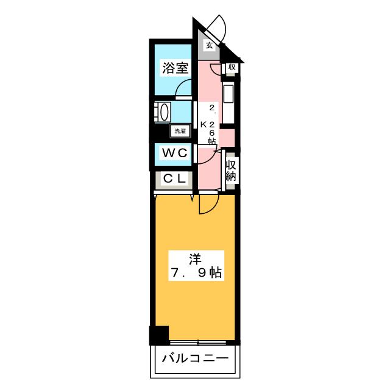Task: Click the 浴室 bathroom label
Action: point(174,68)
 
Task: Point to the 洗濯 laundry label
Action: point(180,130)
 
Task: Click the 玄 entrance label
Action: point(209,45)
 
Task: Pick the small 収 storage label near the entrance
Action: point(232,67)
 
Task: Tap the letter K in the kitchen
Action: point(204,124)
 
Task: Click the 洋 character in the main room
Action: point(194,258)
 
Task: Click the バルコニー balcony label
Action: point(195,359)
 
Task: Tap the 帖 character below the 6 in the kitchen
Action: point(211,141)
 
